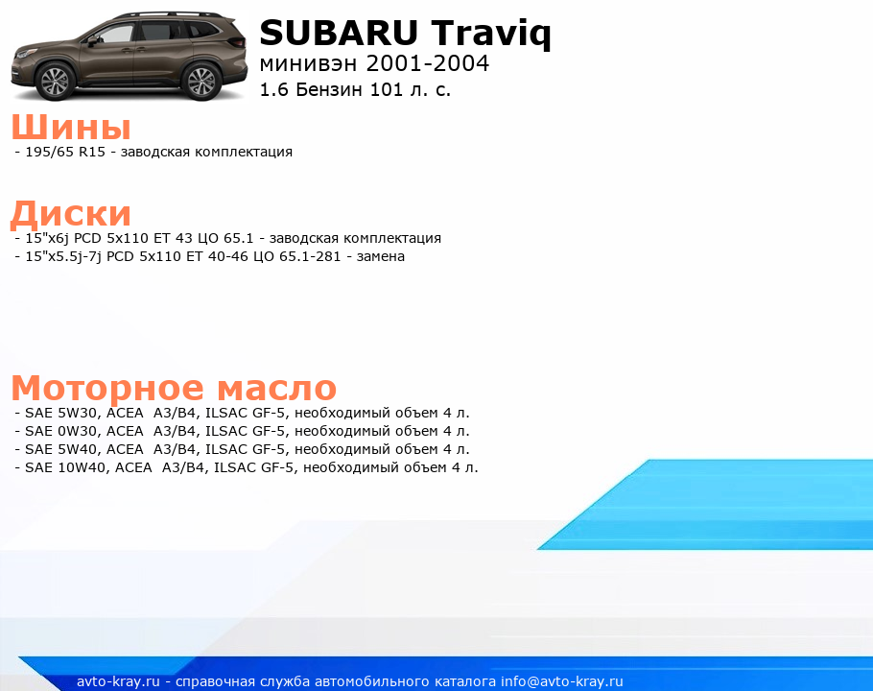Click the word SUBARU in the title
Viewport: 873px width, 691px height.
point(338,33)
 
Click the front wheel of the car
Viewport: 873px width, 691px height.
point(55,82)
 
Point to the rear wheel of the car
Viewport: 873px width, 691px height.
point(201,82)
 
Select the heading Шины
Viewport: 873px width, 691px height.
point(71,127)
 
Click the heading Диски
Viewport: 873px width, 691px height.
point(71,214)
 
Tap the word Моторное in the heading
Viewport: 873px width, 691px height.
point(107,388)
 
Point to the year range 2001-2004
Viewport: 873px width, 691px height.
point(428,63)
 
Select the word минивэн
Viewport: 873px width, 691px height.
point(308,64)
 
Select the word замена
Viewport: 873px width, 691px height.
point(380,256)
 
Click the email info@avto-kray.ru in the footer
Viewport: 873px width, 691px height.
point(562,681)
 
